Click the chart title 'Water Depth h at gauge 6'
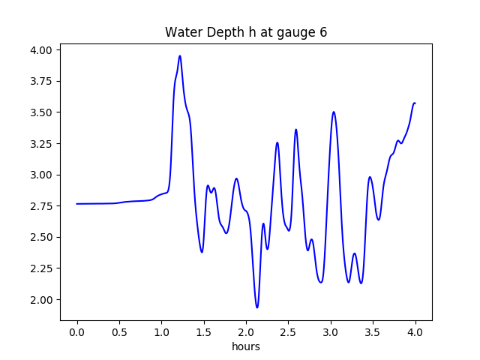click(246, 32)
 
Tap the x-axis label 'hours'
click(246, 346)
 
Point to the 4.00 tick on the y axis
click(41, 50)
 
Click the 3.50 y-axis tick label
click(41, 112)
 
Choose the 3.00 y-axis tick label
click(41, 175)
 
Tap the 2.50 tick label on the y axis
click(41, 237)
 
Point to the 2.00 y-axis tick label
click(41, 300)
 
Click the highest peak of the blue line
click(180, 55)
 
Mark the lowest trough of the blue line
click(257, 307)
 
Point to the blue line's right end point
click(415, 103)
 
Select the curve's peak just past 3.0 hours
click(334, 112)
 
